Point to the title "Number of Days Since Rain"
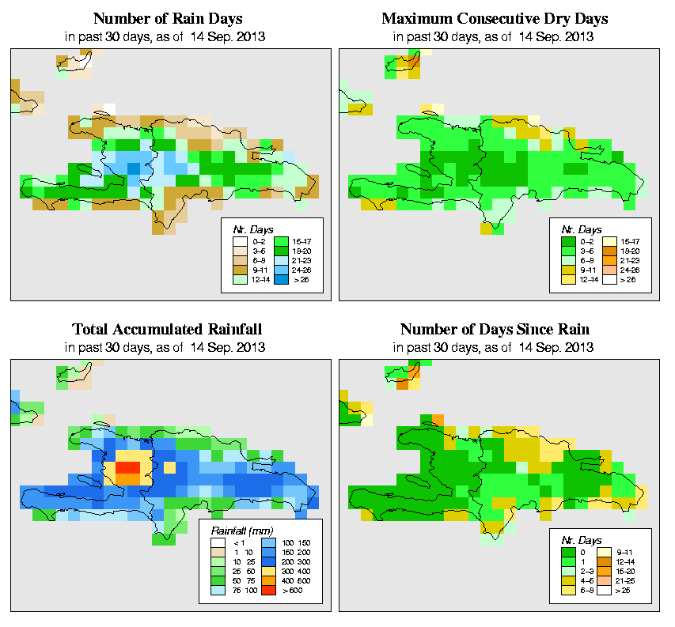click(495, 330)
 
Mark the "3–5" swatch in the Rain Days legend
click(239, 249)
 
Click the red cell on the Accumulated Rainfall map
click(127, 468)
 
